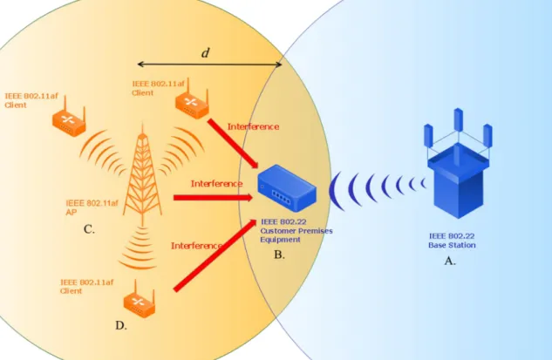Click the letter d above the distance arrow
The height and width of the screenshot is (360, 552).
[205, 53]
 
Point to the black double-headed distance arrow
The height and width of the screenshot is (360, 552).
[209, 64]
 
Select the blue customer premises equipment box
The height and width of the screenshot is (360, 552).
[287, 188]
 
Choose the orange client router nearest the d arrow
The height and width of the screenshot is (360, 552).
[192, 99]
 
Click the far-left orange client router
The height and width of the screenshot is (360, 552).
[69, 117]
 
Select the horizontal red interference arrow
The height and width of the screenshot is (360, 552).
[213, 197]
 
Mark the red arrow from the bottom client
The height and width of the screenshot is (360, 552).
[215, 255]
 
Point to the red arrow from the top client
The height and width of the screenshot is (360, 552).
[233, 143]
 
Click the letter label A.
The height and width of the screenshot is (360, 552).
[450, 262]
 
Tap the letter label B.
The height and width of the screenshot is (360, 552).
[279, 255]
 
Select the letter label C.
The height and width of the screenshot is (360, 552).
[89, 229]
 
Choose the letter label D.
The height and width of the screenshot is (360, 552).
[121, 325]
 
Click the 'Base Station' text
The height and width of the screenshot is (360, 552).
[452, 245]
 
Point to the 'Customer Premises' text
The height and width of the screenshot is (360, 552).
[296, 231]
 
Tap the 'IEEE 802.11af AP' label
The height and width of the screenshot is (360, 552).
[92, 207]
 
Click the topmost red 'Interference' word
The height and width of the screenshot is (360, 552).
[253, 126]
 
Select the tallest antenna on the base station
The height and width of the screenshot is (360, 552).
[458, 119]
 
